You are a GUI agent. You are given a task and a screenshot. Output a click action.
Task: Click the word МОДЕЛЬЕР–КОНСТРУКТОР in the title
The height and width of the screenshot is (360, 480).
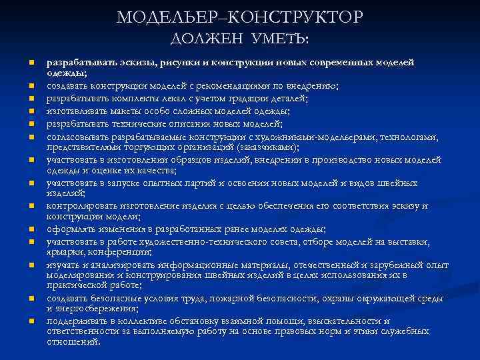240,17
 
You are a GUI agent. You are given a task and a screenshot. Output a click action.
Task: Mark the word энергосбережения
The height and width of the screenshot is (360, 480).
93,307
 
